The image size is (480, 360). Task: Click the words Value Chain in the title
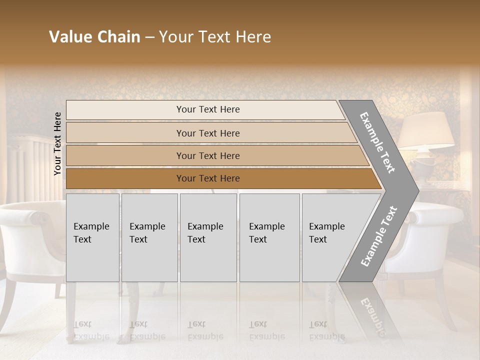94,37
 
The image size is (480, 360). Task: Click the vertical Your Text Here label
58,143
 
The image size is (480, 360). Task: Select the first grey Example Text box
92,237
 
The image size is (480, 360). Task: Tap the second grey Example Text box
149,237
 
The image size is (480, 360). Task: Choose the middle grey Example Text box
208,237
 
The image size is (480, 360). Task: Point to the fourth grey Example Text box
269,237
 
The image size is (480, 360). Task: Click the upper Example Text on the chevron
377,142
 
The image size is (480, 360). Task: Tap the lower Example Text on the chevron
379,236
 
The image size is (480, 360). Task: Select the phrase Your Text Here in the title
215,37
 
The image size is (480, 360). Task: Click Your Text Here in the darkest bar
208,178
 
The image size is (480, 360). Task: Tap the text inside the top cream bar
208,109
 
